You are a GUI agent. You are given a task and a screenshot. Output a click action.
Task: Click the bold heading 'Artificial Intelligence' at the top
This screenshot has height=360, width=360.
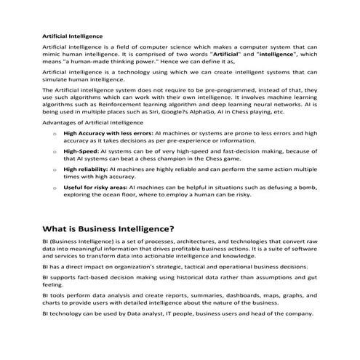pyautogui.click(x=72, y=35)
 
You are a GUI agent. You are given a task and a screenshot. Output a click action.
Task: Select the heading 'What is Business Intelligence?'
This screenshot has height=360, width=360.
pyautogui.click(x=108, y=228)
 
